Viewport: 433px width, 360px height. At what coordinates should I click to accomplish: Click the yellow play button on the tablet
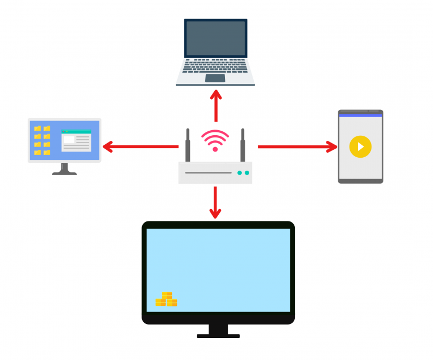coord(360,146)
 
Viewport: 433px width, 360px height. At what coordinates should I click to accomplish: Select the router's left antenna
coord(188,146)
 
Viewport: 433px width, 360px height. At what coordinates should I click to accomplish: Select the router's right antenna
coord(243,146)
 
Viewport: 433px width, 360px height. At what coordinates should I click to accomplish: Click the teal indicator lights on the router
coord(243,173)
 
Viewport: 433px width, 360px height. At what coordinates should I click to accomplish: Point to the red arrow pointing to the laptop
coord(215,104)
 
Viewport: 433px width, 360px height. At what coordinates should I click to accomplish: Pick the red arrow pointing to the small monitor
coord(141,147)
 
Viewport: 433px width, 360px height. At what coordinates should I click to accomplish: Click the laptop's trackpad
coord(215,78)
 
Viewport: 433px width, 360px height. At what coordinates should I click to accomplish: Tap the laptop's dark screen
coord(215,38)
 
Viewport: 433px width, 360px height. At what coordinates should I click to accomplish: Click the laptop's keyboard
coord(215,66)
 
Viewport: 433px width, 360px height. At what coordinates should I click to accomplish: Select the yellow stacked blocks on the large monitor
coord(166,299)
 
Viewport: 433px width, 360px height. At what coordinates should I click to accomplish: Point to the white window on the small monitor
coord(76,141)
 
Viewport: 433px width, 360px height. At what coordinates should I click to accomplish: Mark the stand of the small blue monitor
coord(64,169)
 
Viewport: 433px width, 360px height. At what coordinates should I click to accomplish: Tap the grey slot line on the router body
coord(208,173)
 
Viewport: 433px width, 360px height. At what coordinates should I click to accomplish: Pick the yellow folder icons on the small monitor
coord(42,140)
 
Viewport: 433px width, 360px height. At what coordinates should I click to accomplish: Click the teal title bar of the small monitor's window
coord(76,131)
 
